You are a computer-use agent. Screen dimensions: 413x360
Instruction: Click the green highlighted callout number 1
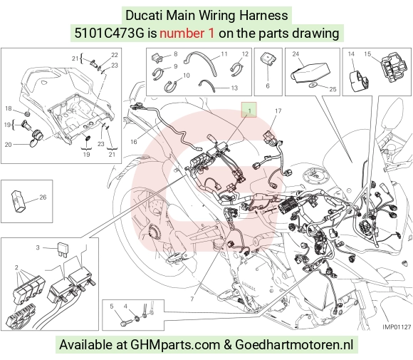249,110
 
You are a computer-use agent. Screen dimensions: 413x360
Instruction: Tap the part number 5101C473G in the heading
110,34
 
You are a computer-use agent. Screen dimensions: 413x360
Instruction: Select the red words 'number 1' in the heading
187,34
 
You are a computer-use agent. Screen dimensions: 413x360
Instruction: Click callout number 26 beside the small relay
43,197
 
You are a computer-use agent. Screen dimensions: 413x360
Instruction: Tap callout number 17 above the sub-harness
278,111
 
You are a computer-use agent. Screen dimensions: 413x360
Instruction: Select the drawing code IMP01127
397,327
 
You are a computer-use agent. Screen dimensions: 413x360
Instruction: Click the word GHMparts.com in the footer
175,345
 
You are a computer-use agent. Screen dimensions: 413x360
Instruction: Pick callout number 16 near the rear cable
134,142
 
